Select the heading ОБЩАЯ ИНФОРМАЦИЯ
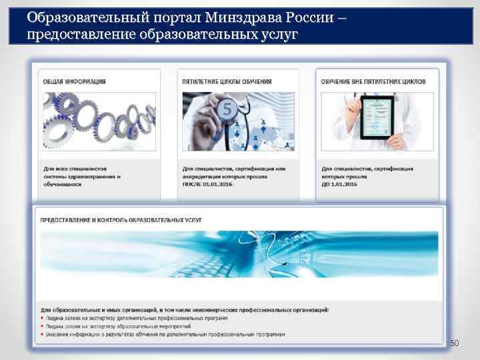tap(75, 82)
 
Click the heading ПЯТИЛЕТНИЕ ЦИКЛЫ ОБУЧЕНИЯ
tap(227, 82)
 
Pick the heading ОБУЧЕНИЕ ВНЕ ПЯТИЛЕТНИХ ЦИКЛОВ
tap(371, 82)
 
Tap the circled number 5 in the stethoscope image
tap(226, 112)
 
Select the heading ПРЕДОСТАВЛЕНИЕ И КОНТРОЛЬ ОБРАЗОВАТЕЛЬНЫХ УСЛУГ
tap(121, 219)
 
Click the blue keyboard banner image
tap(239, 261)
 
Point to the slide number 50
tap(455, 343)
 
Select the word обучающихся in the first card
tap(63, 184)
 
